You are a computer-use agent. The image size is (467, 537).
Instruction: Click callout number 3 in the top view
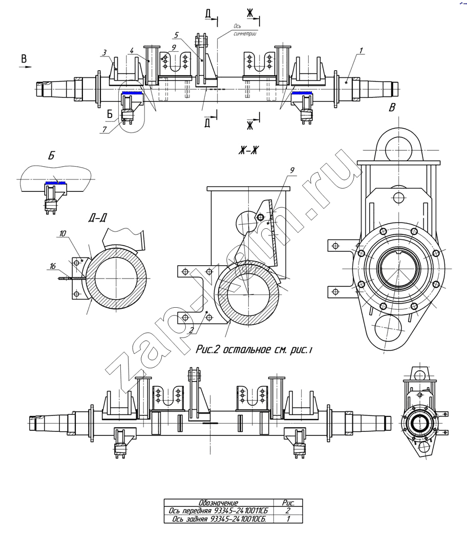point(104,52)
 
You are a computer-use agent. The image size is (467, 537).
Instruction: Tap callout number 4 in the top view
point(132,51)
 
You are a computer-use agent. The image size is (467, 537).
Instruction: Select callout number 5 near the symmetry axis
point(176,35)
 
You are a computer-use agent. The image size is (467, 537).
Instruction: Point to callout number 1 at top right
point(360,50)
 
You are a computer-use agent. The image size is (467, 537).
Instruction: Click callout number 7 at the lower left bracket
point(104,129)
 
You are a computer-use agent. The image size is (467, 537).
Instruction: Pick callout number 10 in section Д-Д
point(62,233)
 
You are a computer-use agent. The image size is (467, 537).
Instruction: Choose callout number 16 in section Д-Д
point(52,266)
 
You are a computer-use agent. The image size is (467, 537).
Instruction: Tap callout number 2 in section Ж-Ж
point(192,330)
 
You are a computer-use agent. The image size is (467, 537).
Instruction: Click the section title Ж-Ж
point(249,150)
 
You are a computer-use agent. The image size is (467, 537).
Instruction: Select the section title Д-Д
point(98,218)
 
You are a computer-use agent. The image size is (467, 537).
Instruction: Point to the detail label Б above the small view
point(51,156)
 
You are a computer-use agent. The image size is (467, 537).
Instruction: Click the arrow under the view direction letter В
point(25,67)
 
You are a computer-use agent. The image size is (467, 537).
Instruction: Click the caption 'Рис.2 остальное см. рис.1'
point(254,349)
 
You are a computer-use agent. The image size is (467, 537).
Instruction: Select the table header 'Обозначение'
point(219,503)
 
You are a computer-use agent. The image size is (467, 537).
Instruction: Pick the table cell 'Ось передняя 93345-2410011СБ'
point(219,511)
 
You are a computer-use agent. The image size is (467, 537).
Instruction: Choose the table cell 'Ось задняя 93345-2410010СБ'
point(219,519)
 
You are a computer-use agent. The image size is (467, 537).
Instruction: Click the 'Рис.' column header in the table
point(288,503)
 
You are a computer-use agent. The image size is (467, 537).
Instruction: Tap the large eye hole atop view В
point(398,150)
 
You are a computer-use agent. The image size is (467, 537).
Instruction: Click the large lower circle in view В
point(388,328)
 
